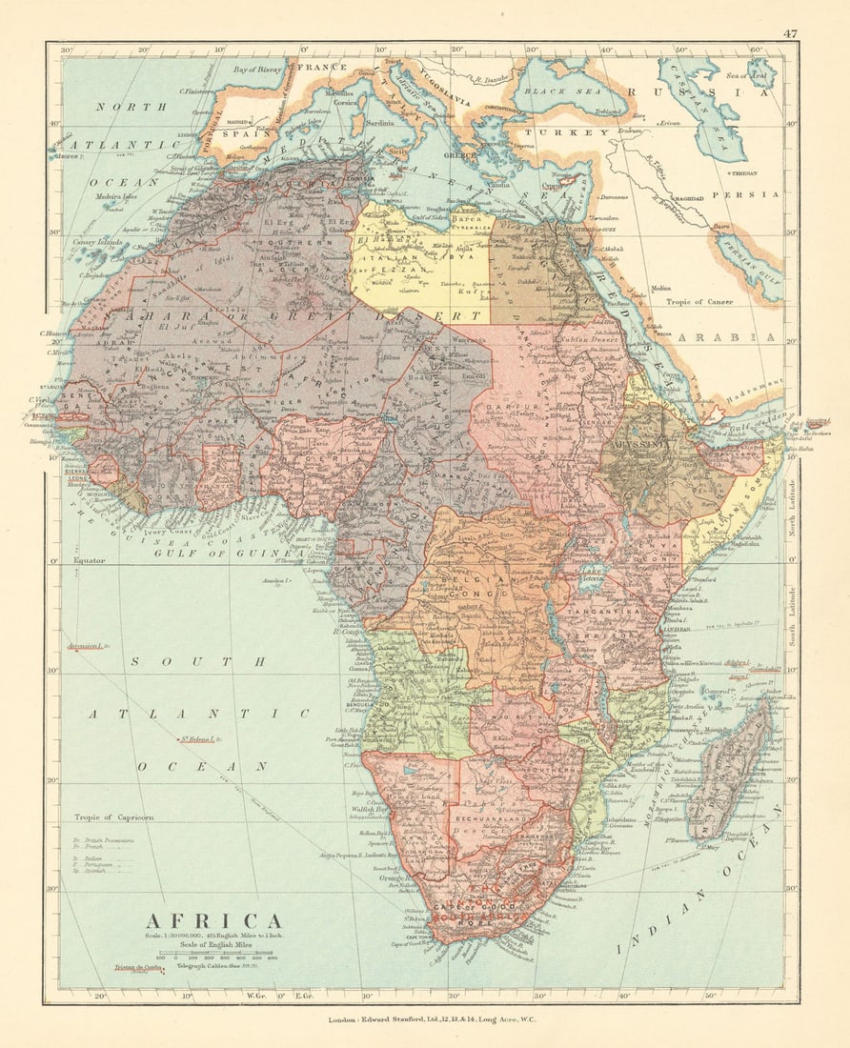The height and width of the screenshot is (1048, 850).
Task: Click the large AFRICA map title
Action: (x=213, y=921)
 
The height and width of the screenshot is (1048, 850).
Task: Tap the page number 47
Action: (x=790, y=33)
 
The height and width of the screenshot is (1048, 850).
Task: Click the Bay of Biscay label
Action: (x=260, y=70)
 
